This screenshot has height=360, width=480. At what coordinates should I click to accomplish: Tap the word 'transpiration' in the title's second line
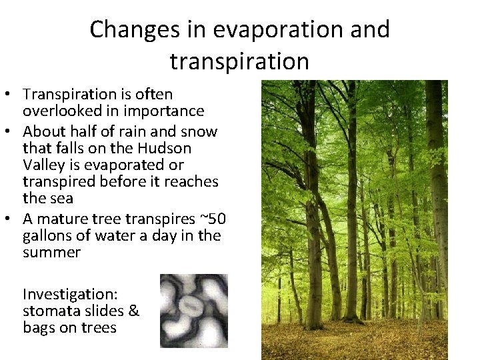coord(239,61)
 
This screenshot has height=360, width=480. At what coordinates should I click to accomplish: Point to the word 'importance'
coord(164,111)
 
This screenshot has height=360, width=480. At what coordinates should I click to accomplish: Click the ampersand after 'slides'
coord(133,311)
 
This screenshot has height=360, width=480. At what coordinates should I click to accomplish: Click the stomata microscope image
coord(194,311)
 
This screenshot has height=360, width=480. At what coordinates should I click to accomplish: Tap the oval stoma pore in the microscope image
coord(193,307)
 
